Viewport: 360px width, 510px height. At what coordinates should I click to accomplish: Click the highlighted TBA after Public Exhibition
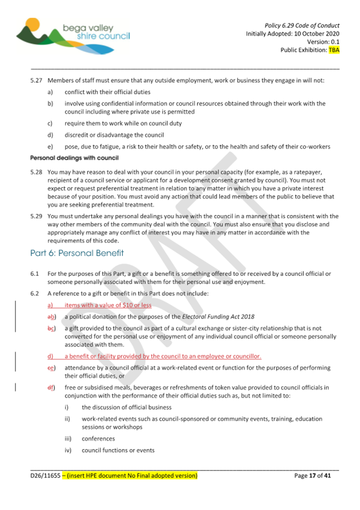334,50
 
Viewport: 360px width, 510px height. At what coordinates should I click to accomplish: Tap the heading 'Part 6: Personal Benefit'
77,253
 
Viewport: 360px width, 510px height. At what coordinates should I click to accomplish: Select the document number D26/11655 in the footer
45,475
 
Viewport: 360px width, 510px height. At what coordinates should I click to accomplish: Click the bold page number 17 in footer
314,475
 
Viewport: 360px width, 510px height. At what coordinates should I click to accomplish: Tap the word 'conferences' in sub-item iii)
98,439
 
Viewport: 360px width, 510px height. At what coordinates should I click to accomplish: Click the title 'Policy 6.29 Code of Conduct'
302,25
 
